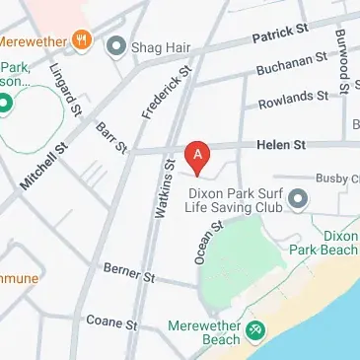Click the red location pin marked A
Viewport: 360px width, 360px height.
pyautogui.click(x=198, y=156)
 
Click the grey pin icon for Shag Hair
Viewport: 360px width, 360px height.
pyautogui.click(x=116, y=45)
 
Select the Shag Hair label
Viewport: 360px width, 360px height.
pyautogui.click(x=155, y=45)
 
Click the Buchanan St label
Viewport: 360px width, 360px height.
pyautogui.click(x=290, y=66)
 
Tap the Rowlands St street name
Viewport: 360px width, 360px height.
pyautogui.click(x=293, y=98)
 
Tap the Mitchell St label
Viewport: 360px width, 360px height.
pyautogui.click(x=43, y=164)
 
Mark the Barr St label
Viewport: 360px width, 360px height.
pyautogui.click(x=111, y=137)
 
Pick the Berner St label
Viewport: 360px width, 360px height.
pyautogui.click(x=129, y=271)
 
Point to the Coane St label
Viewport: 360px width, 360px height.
pyautogui.click(x=110, y=322)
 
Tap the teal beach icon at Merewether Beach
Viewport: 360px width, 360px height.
pyautogui.click(x=254, y=330)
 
